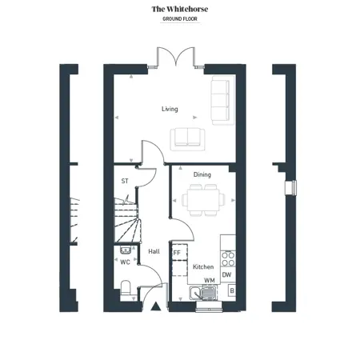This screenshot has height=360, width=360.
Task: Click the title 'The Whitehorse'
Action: click(180, 9)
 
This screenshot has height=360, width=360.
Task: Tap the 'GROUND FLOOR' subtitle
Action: click(180, 19)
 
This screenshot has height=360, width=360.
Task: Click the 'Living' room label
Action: click(170, 109)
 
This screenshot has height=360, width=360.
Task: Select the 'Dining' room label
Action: click(202, 174)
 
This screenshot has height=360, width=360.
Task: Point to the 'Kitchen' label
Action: click(203, 266)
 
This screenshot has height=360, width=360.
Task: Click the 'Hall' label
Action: click(154, 251)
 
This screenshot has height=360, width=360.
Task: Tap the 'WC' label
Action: click(125, 262)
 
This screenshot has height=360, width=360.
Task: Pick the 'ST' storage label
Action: click(125, 181)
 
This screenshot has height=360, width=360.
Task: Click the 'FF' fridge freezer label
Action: click(177, 253)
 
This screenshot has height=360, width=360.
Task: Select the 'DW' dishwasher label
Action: click(226, 274)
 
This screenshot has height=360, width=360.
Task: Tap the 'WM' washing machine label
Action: click(210, 280)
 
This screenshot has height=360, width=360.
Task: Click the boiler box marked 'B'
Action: click(232, 290)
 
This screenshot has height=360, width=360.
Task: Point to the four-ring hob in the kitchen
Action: click(228, 258)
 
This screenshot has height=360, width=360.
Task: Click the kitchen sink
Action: click(203, 293)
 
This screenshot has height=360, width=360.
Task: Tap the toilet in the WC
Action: click(126, 290)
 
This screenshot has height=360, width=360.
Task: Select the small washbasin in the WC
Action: click(126, 250)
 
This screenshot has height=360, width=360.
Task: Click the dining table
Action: click(203, 200)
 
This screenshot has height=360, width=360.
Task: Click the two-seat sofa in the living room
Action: click(188, 139)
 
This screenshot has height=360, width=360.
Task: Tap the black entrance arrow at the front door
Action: click(156, 306)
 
